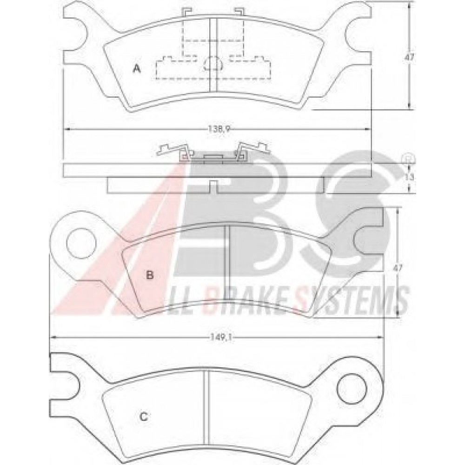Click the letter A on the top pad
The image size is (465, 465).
pyautogui.click(x=137, y=69)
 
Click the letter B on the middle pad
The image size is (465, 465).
pyautogui.click(x=150, y=275)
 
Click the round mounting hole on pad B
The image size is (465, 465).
pyautogui.click(x=77, y=243)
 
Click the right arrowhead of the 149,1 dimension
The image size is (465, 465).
pyautogui.click(x=380, y=338)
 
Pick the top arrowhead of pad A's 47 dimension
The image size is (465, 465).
pyautogui.click(x=410, y=5)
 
